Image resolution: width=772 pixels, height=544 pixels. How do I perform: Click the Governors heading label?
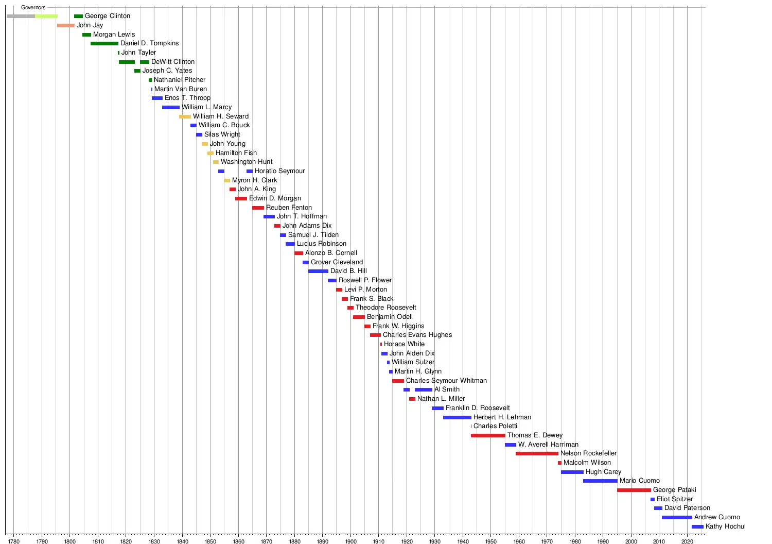tap(33, 8)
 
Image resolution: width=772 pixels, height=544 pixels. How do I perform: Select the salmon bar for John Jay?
tap(65, 25)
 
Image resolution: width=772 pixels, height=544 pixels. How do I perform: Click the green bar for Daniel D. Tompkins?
tap(104, 43)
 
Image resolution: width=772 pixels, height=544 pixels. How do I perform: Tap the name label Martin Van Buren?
tap(181, 89)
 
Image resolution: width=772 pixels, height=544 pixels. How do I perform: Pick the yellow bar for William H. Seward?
tap(185, 116)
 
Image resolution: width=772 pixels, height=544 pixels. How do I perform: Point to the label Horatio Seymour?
tap(279, 171)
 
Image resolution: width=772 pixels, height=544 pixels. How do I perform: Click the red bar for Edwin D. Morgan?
tap(241, 198)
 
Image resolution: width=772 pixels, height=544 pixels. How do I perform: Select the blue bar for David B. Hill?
tap(318, 271)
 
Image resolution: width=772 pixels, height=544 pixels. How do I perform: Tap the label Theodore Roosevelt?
tap(385, 308)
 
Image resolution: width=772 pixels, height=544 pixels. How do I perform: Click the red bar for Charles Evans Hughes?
tap(375, 335)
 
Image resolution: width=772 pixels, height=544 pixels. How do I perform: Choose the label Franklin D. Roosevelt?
tap(478, 408)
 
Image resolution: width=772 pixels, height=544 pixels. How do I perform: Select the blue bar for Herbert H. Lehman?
tap(457, 417)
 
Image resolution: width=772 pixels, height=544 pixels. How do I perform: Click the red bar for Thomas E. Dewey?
tap(488, 435)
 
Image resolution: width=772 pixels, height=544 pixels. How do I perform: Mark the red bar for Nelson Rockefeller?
tap(537, 453)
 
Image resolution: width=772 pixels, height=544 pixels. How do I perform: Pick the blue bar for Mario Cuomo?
tap(600, 481)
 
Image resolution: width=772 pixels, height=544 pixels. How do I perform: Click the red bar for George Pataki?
tap(634, 490)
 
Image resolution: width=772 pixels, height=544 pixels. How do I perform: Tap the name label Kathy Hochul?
tap(725, 526)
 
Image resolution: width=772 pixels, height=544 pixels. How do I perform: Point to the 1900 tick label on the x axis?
tap(350, 541)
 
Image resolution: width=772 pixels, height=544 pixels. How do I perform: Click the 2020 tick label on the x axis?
tap(687, 541)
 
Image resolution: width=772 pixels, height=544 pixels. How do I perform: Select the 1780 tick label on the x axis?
tap(14, 541)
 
